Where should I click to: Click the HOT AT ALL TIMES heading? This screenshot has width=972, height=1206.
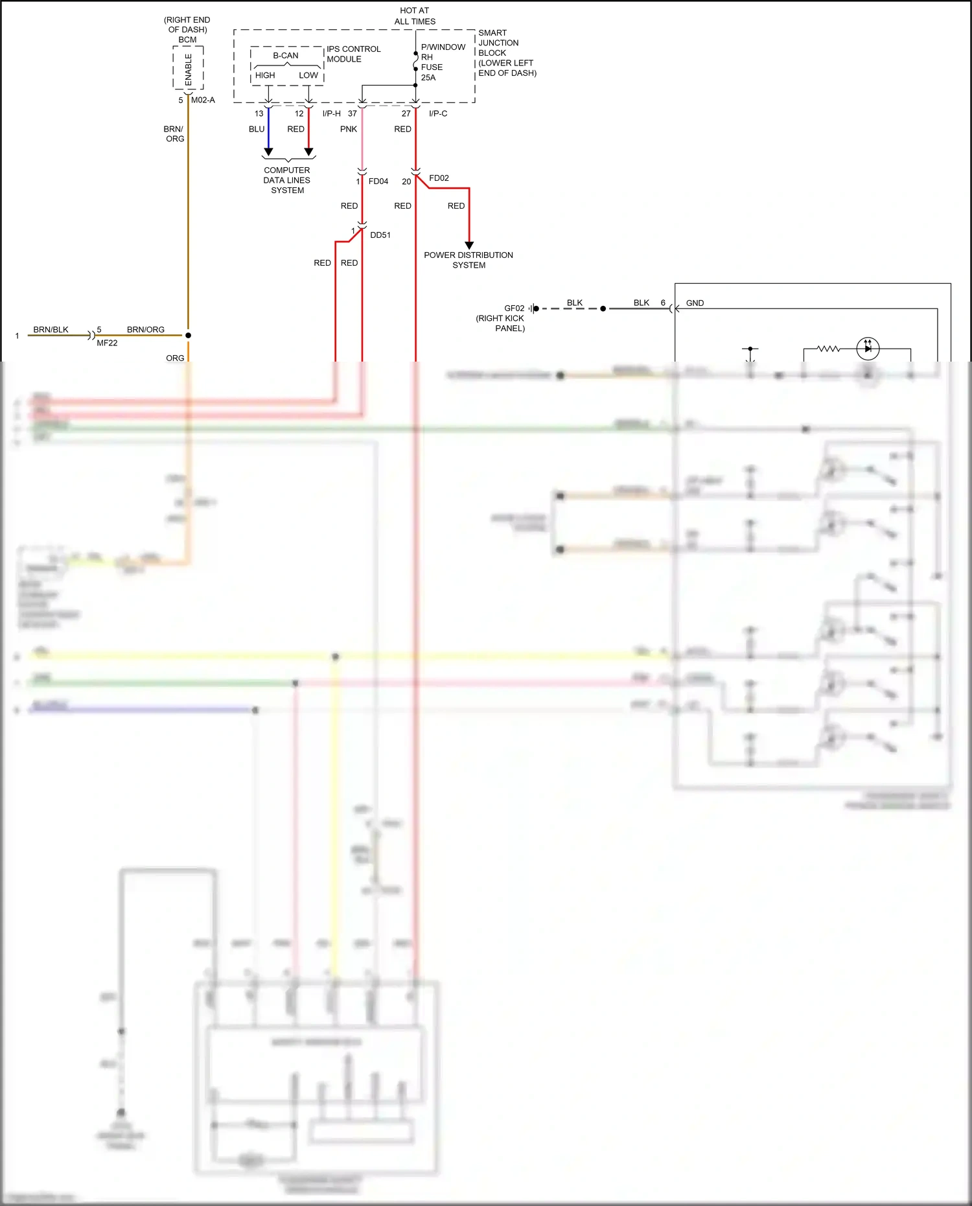click(x=415, y=16)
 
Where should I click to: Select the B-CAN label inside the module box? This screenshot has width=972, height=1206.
click(x=286, y=56)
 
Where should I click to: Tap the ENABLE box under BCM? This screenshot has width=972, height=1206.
click(x=188, y=69)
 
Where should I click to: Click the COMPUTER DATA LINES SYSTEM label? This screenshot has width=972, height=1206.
click(x=287, y=180)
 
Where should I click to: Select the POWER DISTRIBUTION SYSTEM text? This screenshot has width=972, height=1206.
click(x=469, y=260)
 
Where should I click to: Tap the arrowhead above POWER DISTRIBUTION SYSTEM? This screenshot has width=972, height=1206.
click(x=469, y=245)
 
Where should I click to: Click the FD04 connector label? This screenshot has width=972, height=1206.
click(x=378, y=181)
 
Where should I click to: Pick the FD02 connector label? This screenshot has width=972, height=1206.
click(x=439, y=178)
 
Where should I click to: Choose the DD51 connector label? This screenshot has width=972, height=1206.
click(x=380, y=235)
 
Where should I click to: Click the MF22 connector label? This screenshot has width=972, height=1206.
click(x=107, y=343)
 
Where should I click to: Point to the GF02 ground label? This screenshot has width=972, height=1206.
click(x=514, y=308)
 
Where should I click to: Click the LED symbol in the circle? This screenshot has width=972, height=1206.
click(x=868, y=349)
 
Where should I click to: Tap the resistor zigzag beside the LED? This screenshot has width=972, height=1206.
click(x=828, y=349)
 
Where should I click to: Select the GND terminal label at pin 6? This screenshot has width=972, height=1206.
click(x=695, y=303)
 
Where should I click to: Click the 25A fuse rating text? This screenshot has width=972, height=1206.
click(x=428, y=78)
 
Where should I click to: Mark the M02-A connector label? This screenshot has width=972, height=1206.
click(x=203, y=100)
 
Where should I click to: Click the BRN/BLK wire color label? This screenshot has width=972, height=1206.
click(x=51, y=330)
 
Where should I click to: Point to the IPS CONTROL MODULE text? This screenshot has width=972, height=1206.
click(x=353, y=54)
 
